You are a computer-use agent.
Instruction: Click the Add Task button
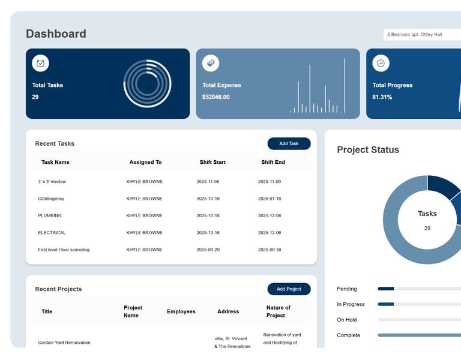[289, 144]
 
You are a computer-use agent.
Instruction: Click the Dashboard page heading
[56, 34]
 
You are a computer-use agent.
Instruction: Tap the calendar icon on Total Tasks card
[40, 63]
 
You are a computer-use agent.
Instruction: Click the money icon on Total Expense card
[211, 63]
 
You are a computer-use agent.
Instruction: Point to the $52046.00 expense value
[215, 97]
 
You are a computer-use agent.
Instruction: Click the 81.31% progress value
[382, 97]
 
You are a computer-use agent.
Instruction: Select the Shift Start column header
[212, 162]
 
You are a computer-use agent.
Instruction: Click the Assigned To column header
[145, 162]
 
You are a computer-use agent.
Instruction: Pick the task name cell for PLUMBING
[50, 215]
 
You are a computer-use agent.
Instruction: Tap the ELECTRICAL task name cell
[52, 233]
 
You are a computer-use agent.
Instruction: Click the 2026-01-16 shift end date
[270, 199]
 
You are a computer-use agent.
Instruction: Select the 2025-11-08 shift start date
[208, 181]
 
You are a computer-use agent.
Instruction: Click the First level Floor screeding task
[64, 250]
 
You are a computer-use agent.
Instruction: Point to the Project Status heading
[367, 150]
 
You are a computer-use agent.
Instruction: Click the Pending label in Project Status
[347, 289]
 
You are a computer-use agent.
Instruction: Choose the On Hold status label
[347, 320]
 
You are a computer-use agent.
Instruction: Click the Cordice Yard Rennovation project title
[64, 343]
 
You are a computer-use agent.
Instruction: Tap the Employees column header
[181, 311]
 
